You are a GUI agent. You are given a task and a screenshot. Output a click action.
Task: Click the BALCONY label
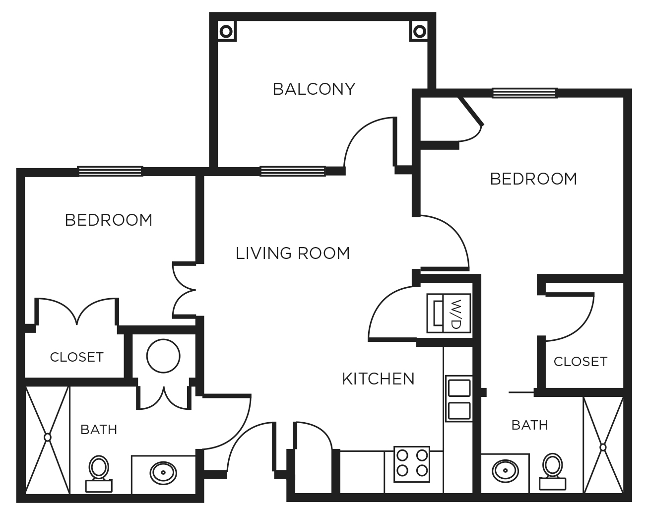(x=314, y=89)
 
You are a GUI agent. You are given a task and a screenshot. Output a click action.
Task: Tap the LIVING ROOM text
(x=293, y=254)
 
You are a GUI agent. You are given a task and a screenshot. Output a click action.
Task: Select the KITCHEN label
(x=378, y=379)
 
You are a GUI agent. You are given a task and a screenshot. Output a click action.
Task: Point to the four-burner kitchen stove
(x=412, y=464)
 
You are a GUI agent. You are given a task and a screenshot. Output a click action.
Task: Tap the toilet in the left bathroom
(x=99, y=474)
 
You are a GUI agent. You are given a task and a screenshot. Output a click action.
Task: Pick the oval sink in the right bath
(x=506, y=470)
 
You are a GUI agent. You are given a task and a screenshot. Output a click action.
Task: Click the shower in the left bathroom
(x=47, y=438)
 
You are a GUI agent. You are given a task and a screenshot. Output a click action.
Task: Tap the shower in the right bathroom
(x=603, y=446)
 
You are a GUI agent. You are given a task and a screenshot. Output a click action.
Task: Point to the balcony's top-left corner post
(x=226, y=31)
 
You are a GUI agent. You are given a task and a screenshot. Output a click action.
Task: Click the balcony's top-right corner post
(x=420, y=31)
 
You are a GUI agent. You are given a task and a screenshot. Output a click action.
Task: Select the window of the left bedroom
(x=110, y=172)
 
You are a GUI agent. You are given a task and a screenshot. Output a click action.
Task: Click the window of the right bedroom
(x=524, y=93)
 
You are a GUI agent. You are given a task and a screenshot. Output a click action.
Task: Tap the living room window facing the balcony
(x=293, y=171)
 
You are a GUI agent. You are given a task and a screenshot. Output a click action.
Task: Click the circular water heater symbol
(x=163, y=356)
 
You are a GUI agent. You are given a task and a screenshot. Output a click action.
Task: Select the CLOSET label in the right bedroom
(x=580, y=362)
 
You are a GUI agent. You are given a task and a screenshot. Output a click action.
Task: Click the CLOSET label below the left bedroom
(x=76, y=357)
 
